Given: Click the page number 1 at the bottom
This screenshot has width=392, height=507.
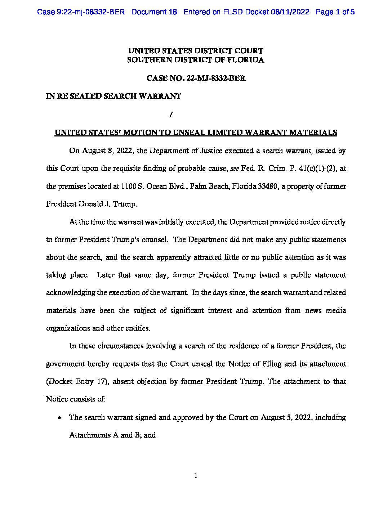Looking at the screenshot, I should pyautogui.click(x=196, y=476).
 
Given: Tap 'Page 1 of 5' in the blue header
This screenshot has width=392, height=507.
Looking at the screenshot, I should pyautogui.click(x=335, y=12).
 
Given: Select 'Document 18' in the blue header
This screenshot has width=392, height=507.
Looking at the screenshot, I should pyautogui.click(x=154, y=12).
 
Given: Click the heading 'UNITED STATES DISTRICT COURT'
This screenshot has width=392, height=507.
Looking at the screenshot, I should pyautogui.click(x=196, y=51).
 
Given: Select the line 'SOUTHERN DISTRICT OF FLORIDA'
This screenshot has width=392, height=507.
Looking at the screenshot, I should pyautogui.click(x=196, y=60).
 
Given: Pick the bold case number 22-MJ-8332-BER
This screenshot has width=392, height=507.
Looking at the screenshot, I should pyautogui.click(x=216, y=78).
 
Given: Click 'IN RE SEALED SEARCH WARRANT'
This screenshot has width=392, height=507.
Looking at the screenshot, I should pyautogui.click(x=113, y=96).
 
